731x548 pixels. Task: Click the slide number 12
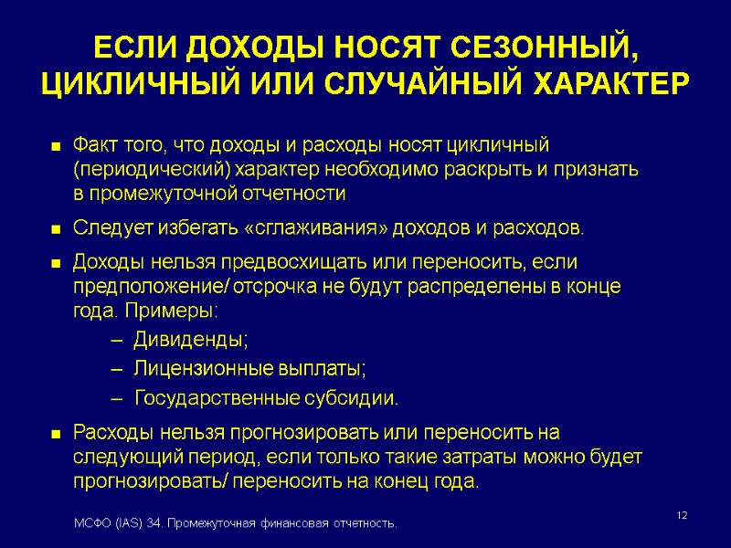pos(682,518)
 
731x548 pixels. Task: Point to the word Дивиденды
pos(190,340)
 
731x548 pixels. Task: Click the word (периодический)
pos(152,170)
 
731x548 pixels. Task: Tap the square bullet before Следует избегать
pos(55,228)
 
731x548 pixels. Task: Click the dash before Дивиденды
pos(115,341)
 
